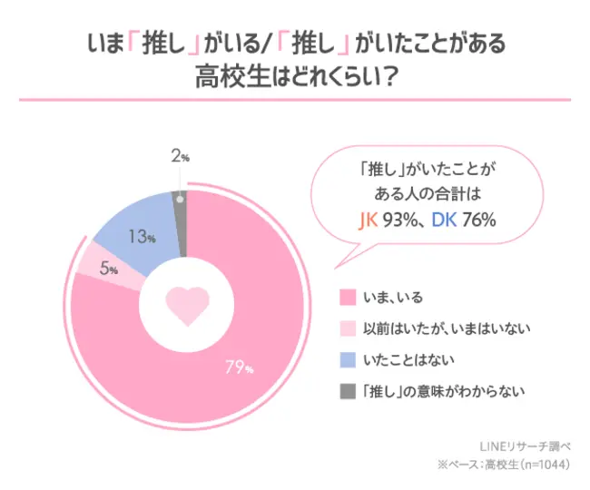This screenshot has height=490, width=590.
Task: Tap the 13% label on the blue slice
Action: point(142,238)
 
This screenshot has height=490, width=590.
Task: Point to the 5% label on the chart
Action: point(106,269)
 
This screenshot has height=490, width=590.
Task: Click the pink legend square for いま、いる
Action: point(346,298)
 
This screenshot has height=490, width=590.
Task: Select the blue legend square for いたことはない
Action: point(346,360)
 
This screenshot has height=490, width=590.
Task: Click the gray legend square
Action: point(346,392)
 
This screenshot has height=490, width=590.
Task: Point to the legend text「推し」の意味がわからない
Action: point(443,392)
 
